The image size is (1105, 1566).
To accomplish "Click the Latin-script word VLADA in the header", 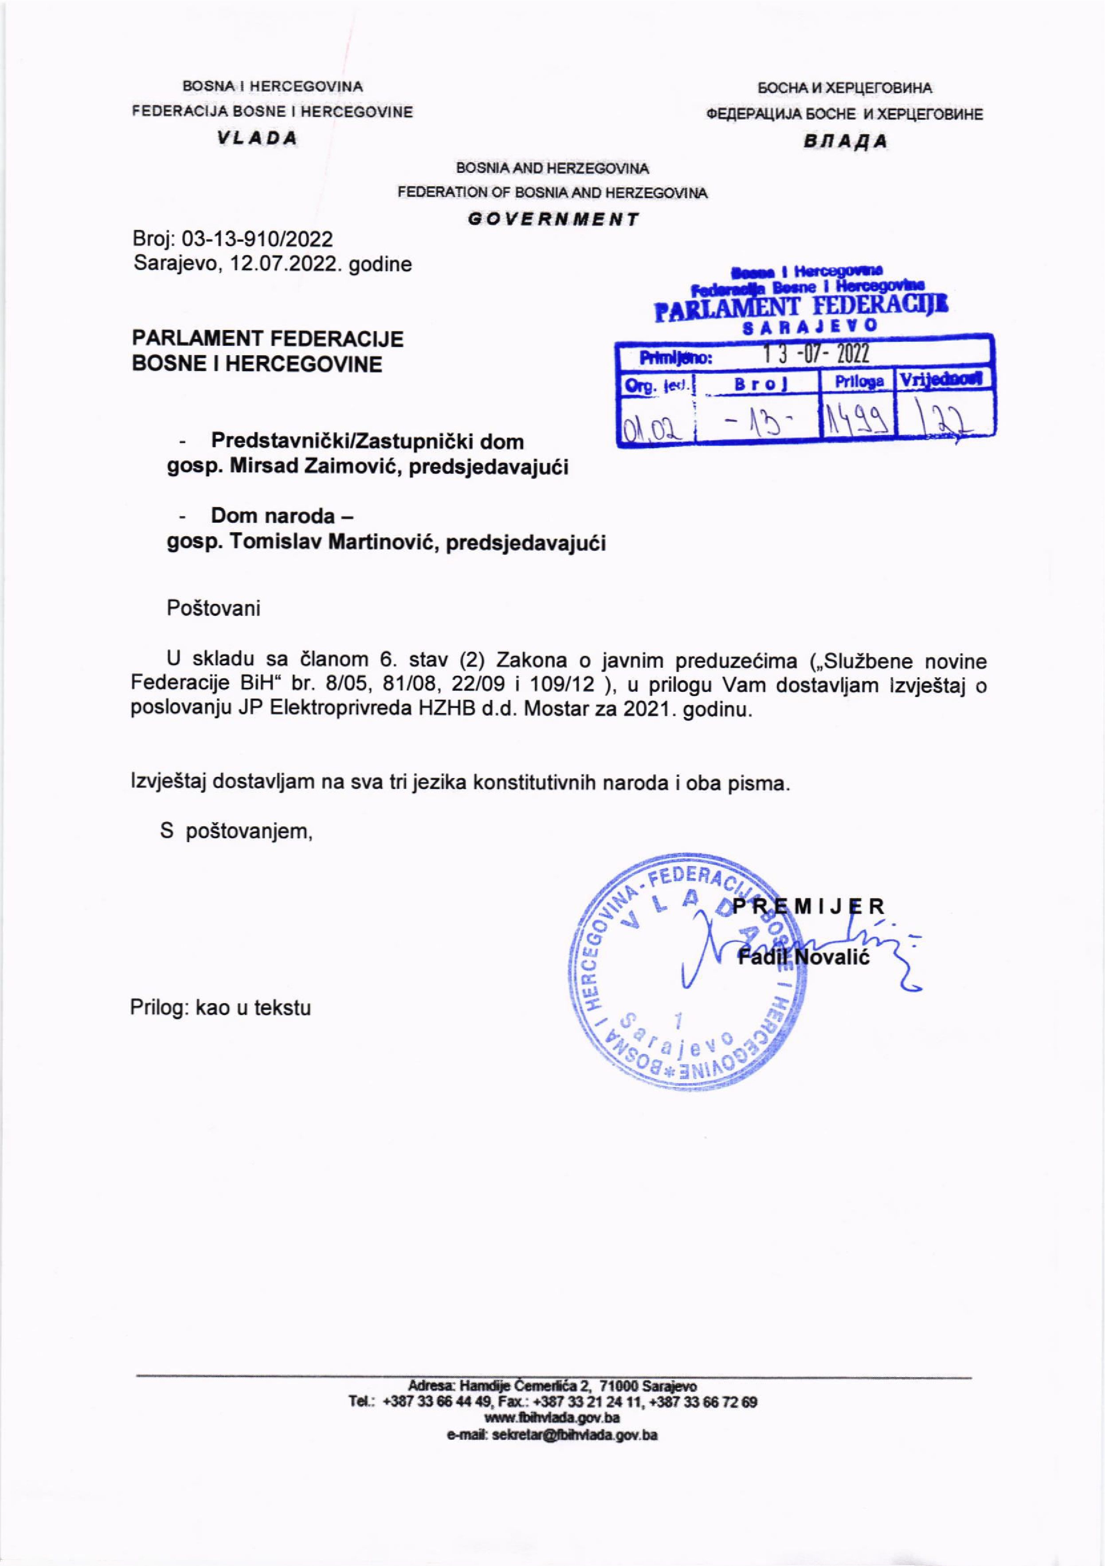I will [x=257, y=138].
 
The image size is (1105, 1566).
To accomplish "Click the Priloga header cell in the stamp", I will [x=859, y=381].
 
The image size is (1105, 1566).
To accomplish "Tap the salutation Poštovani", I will [x=213, y=608].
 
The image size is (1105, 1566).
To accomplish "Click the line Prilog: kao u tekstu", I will [x=220, y=1007].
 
